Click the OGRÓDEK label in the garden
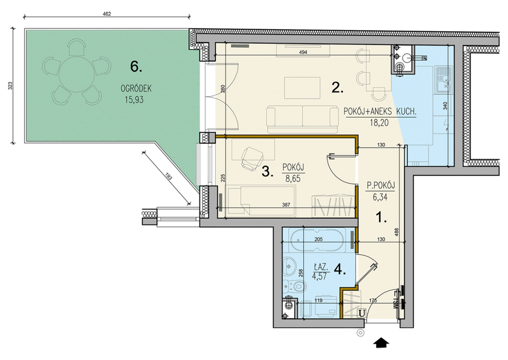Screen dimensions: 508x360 click(136, 88)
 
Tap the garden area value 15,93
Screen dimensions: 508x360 click(134, 100)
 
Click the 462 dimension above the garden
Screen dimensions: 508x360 click(106, 14)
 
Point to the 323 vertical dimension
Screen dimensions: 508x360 click(10, 86)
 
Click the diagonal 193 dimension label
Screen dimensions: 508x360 click(169, 177)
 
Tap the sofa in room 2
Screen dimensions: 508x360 click(303, 119)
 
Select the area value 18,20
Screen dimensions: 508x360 click(379, 123)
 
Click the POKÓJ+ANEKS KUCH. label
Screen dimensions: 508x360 click(380, 112)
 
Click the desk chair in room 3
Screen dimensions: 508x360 click(251, 158)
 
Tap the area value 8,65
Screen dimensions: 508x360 click(293, 178)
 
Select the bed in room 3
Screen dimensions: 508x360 click(262, 201)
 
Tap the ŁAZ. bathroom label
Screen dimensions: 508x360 click(321, 267)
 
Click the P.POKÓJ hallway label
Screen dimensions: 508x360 click(380, 186)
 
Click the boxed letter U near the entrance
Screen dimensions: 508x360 click(362, 313)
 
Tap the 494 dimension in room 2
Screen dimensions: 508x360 click(303, 52)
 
